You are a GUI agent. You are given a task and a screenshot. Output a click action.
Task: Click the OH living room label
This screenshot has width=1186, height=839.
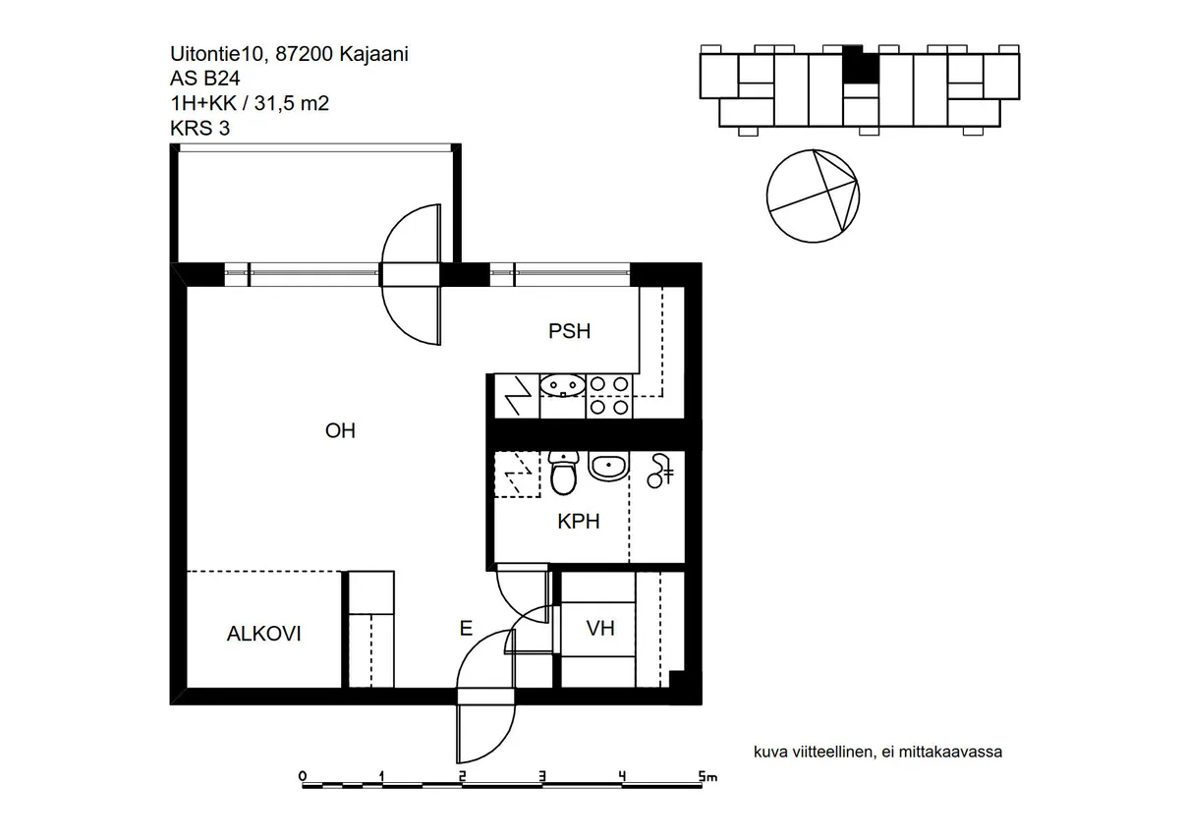(x=340, y=431)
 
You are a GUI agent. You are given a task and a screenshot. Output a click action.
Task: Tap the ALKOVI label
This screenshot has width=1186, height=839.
(x=263, y=634)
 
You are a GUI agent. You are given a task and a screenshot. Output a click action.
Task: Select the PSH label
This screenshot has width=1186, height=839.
(x=569, y=331)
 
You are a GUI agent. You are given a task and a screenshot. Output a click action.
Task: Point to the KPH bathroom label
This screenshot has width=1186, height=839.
(x=578, y=522)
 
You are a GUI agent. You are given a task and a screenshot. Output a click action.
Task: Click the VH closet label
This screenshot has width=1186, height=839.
(x=600, y=629)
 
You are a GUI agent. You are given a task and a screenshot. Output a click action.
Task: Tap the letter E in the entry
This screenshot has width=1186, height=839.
(x=466, y=629)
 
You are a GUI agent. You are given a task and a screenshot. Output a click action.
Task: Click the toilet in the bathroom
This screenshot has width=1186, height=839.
(x=563, y=473)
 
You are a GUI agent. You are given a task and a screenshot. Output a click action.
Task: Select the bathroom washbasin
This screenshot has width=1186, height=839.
(x=608, y=466)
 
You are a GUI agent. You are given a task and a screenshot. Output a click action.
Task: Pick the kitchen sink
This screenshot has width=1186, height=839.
(x=562, y=386)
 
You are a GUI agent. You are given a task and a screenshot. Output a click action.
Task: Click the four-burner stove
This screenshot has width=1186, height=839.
(x=609, y=396)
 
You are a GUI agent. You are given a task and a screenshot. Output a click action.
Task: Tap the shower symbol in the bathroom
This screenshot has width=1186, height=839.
(x=660, y=471)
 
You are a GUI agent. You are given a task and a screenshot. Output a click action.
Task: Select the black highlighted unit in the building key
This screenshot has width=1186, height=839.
(x=861, y=64)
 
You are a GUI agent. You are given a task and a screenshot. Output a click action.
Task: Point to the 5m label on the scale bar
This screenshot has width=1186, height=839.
(x=707, y=776)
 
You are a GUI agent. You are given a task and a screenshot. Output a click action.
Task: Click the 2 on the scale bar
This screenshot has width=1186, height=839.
(x=462, y=776)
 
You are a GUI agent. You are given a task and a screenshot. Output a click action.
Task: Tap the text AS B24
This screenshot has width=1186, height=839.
(x=205, y=79)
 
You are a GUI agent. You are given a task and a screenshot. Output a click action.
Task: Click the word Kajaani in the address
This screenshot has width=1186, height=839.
(x=373, y=54)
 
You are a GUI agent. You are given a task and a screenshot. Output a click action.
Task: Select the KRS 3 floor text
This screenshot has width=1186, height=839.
(x=200, y=128)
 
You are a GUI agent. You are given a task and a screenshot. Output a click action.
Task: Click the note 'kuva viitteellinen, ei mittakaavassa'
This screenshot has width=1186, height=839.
(x=877, y=753)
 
